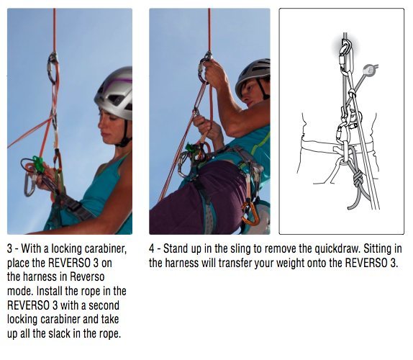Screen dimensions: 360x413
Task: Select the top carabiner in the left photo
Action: pos(53,68)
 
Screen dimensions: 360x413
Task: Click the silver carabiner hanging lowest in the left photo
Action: pos(29,186)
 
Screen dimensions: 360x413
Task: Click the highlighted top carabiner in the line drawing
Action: pos(346,51)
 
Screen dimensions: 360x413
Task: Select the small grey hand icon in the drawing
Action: pos(371,71)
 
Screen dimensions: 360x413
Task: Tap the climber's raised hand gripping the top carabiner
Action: pos(214,72)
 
